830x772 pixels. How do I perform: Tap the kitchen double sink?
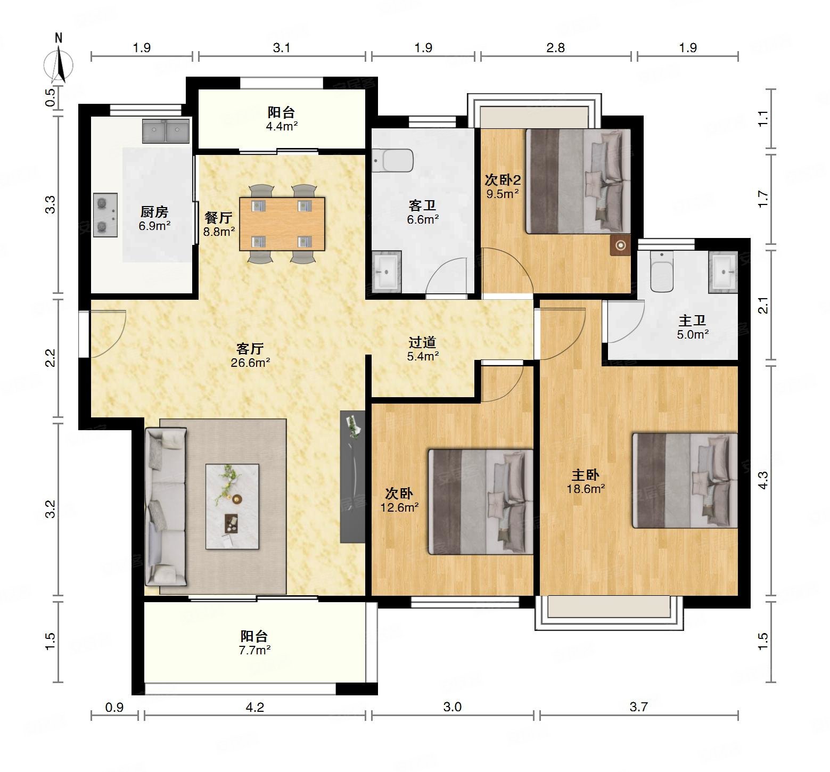166,131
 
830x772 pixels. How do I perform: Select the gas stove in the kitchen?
105,215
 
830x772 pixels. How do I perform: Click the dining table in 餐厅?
282,224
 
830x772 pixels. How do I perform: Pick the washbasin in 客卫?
387,271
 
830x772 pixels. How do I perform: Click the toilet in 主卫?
662,271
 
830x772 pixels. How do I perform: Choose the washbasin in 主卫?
723,272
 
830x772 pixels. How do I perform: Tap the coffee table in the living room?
232,506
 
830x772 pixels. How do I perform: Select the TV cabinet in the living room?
352,477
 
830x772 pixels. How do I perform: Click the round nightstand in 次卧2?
621,245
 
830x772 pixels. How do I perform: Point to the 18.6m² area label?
586,489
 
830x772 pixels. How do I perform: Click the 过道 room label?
423,342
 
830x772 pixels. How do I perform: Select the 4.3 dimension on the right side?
763,481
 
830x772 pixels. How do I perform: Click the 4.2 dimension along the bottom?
255,707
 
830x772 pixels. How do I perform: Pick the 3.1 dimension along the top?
282,48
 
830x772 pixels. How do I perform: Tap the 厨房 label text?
154,212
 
